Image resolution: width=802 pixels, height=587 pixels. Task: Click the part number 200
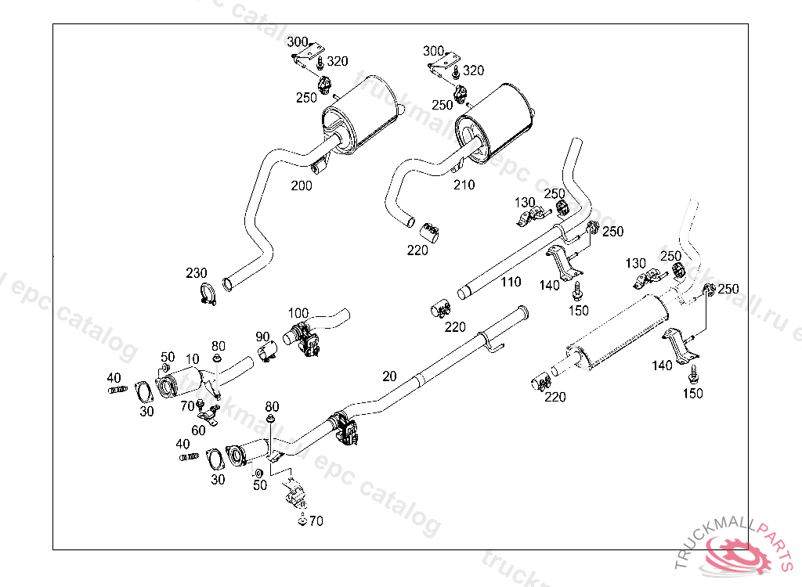click(301, 185)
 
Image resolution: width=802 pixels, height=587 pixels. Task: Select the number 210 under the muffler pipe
click(464, 185)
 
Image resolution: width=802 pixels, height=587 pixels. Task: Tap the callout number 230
click(197, 273)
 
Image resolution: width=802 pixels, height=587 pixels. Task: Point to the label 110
click(511, 282)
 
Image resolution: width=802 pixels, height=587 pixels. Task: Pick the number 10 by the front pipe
click(191, 358)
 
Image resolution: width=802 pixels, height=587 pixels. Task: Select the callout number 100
click(298, 312)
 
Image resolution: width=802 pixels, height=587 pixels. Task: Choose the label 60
click(199, 430)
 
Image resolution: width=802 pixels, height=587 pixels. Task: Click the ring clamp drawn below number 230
click(208, 295)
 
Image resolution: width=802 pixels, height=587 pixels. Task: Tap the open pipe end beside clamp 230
click(228, 281)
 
